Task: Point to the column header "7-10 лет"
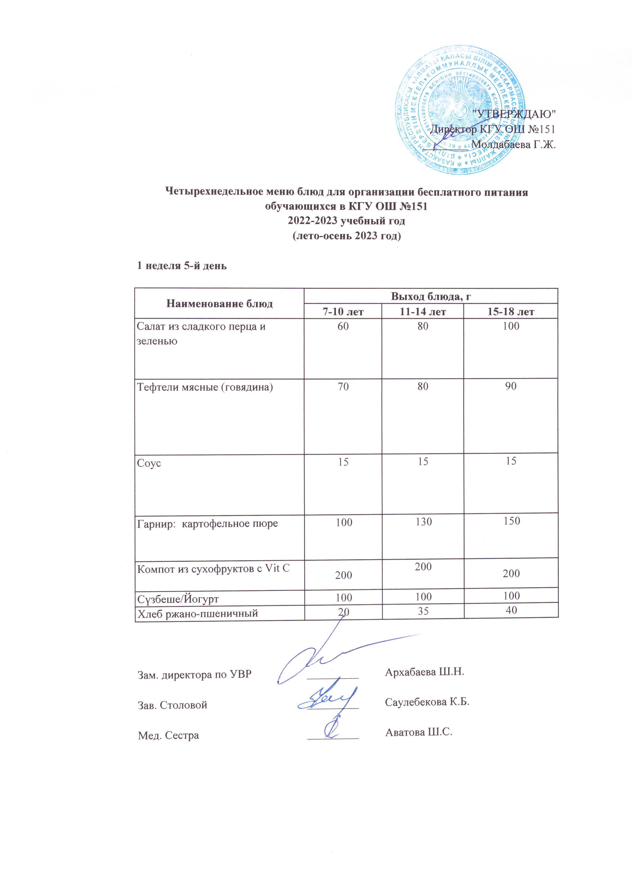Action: pos(343,311)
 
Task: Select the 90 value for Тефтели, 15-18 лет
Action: pos(511,386)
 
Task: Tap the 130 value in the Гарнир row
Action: pos(423,522)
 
